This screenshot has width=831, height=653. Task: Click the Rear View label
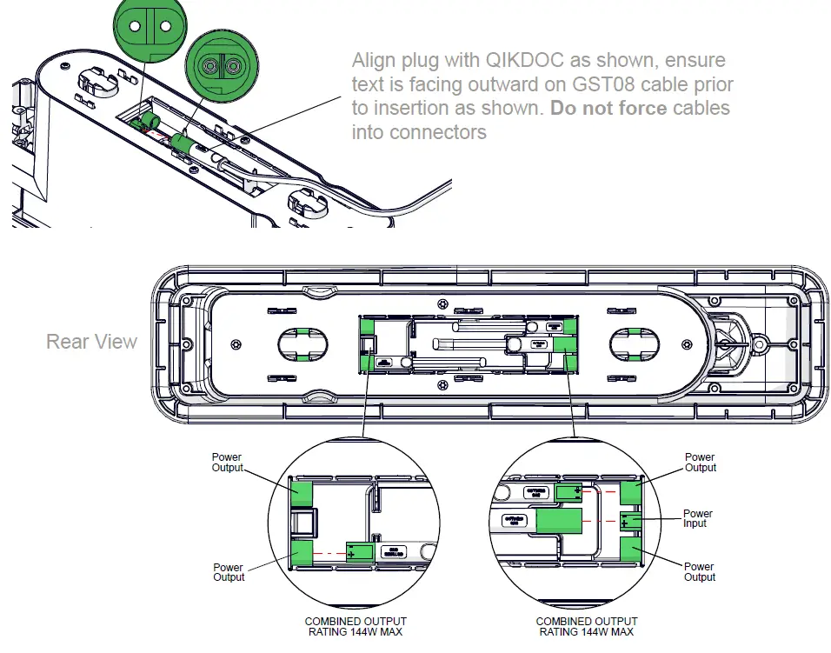click(x=91, y=341)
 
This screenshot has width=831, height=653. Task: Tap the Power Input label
click(x=697, y=519)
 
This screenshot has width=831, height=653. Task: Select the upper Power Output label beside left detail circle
click(x=228, y=463)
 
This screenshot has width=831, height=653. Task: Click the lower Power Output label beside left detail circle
click(x=229, y=572)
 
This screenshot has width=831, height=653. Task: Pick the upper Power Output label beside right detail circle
click(x=700, y=463)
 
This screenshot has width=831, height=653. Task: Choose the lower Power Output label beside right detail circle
click(x=700, y=572)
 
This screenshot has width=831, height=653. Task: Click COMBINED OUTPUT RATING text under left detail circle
click(x=356, y=627)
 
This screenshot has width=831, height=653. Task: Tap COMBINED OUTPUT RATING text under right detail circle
click(x=587, y=627)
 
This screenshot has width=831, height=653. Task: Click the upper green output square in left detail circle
click(x=301, y=491)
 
